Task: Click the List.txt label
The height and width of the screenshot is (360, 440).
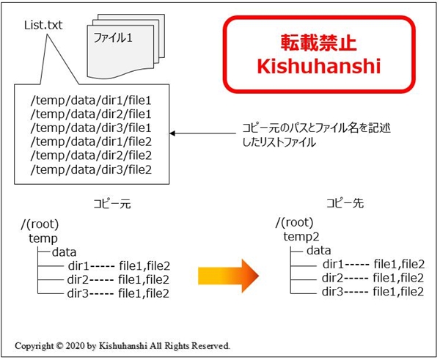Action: tap(43, 25)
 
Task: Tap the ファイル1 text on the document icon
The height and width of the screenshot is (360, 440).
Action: tap(113, 37)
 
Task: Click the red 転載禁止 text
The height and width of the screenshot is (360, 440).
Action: tap(318, 43)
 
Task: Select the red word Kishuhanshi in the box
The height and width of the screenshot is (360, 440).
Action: tap(319, 66)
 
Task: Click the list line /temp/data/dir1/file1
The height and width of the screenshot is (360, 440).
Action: tap(91, 100)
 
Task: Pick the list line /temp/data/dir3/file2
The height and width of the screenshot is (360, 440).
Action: tap(91, 169)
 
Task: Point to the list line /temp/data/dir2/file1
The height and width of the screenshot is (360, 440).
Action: tap(91, 114)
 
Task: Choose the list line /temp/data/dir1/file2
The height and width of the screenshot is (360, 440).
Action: tap(91, 142)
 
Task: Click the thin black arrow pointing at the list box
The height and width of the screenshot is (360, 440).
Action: tap(203, 133)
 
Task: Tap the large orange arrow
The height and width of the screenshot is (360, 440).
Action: tap(228, 276)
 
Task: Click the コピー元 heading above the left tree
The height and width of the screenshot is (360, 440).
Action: tap(112, 204)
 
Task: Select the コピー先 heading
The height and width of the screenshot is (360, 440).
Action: tap(345, 203)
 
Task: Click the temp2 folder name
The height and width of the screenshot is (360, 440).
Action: tap(301, 237)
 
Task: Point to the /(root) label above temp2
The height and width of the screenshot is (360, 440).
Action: tap(294, 222)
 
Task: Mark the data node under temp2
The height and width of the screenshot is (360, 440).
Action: tap(319, 250)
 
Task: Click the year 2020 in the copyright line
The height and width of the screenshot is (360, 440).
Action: tap(75, 345)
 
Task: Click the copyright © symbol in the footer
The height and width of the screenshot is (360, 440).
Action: tap(59, 345)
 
